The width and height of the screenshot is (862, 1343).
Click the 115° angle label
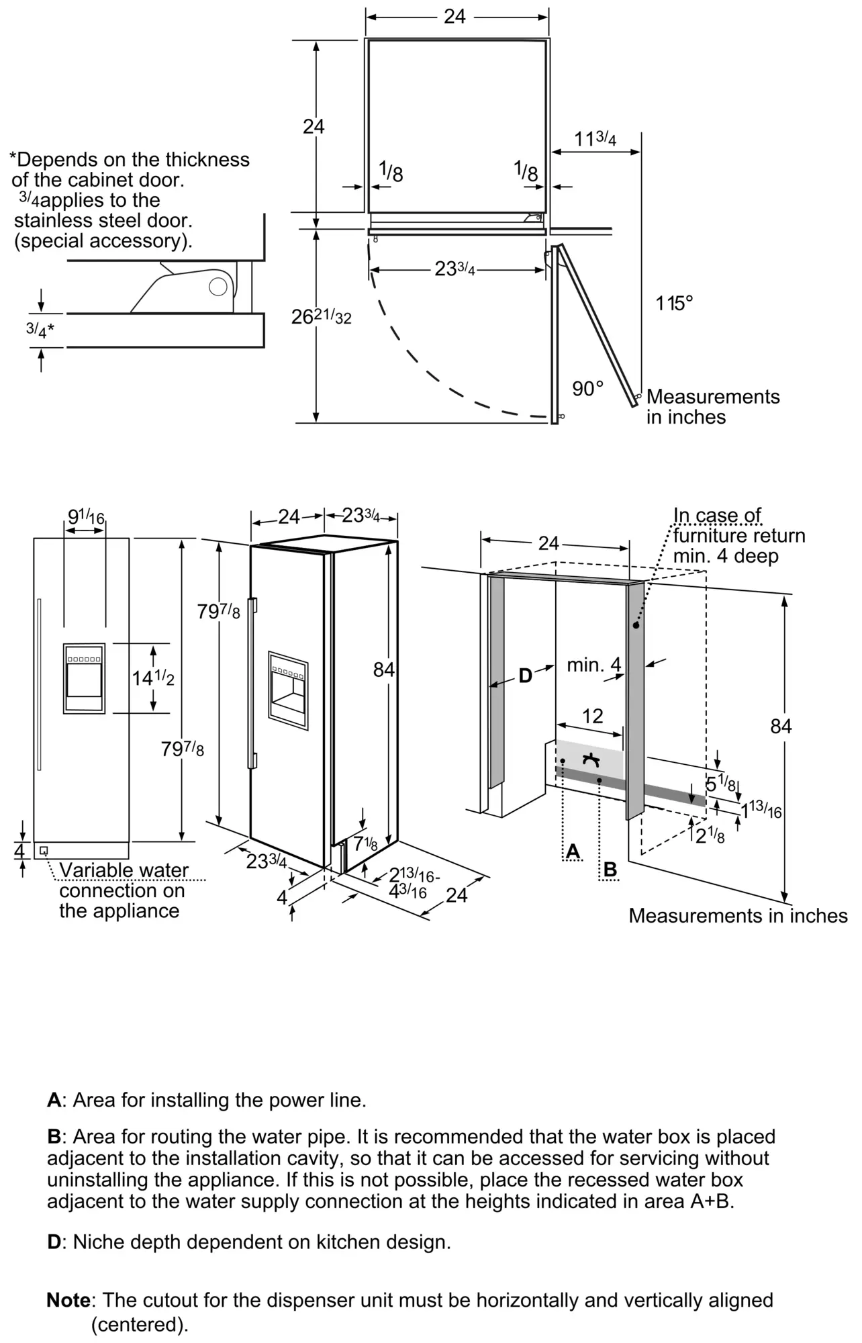674,304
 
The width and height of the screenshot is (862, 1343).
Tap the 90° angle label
588,389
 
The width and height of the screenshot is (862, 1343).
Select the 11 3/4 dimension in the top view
595,138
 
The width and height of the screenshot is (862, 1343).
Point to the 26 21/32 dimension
321,316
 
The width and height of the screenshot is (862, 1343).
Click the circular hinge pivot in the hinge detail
218,287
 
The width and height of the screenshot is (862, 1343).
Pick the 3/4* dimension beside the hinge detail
40,330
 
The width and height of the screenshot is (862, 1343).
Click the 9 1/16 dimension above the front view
87,517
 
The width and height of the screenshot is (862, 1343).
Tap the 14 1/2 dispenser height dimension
153,678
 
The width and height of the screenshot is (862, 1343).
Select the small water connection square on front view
44,851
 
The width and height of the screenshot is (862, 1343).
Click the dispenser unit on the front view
84,678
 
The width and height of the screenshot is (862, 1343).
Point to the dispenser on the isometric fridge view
288,690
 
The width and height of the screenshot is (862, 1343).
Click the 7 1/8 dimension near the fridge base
366,843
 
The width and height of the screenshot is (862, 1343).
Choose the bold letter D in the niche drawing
525,676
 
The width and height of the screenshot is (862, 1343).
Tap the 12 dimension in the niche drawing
592,716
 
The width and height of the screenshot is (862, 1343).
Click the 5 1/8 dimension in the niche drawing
720,784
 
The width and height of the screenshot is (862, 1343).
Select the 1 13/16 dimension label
761,810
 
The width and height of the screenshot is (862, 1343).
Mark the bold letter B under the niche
610,870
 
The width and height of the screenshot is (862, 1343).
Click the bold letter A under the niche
573,851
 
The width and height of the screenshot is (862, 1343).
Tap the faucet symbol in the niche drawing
591,759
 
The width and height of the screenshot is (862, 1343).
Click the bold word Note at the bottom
68,1301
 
